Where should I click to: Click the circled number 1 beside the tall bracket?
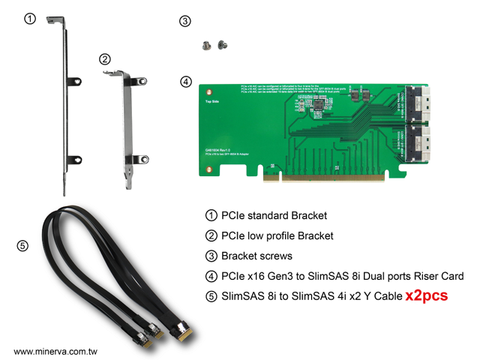pos(29,19)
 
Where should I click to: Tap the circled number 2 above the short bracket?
pos(105,59)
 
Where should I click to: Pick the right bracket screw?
pos(221,46)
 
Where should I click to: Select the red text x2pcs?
pos(426,295)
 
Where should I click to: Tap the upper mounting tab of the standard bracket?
pos(73,81)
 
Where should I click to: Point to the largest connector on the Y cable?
pos(181,332)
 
